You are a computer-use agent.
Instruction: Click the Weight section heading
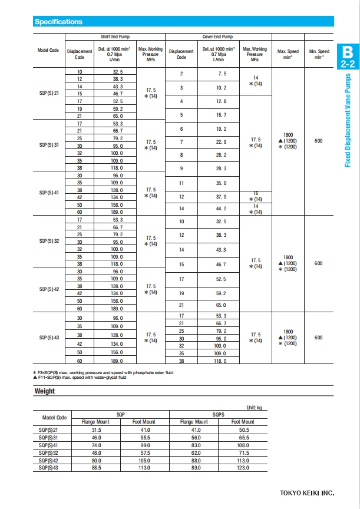[45, 391]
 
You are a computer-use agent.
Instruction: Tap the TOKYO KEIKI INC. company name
[315, 492]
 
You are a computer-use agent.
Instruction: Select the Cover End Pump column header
[217, 37]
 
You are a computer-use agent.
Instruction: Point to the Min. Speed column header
[319, 54]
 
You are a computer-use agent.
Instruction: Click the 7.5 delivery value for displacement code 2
[222, 74]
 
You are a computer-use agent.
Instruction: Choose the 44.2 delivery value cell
[221, 209]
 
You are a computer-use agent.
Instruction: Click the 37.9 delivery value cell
[221, 196]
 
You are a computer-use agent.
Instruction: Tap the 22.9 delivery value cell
[221, 142]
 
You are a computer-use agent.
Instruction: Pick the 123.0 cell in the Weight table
[243, 468]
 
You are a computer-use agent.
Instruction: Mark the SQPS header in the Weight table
[219, 415]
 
